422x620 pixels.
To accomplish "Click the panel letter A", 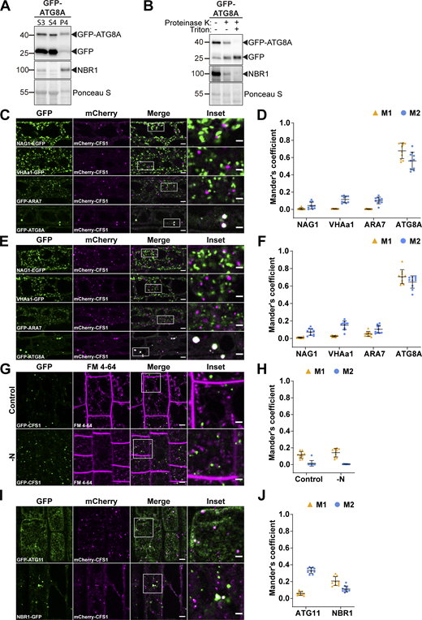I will [x=6, y=6].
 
